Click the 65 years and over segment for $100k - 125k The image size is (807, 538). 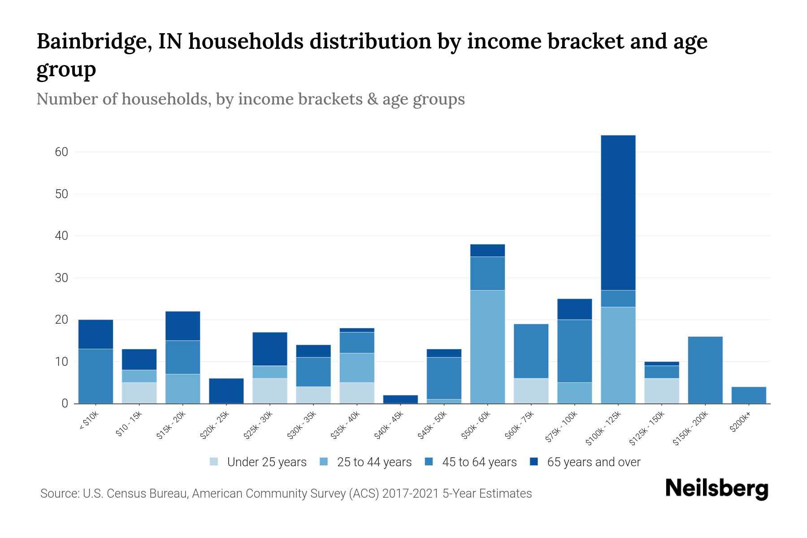pyautogui.click(x=618, y=213)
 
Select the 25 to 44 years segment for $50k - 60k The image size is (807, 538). pyautogui.click(x=487, y=347)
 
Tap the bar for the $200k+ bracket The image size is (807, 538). pyautogui.click(x=748, y=395)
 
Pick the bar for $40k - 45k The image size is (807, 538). pyautogui.click(x=400, y=399)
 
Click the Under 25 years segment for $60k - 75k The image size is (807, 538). pyautogui.click(x=531, y=390)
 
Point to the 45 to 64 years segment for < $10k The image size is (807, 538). pyautogui.click(x=95, y=376)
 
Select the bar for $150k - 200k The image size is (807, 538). pyautogui.click(x=705, y=370)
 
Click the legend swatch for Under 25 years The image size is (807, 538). pyautogui.click(x=214, y=462)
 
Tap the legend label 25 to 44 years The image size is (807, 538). pyautogui.click(x=374, y=462)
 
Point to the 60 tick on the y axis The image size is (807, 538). pyautogui.click(x=61, y=152)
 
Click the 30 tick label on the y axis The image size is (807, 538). pyautogui.click(x=61, y=278)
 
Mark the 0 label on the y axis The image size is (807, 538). pyautogui.click(x=65, y=403)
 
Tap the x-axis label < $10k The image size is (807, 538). pyautogui.click(x=89, y=421)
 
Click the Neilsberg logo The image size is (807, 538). pyautogui.click(x=716, y=489)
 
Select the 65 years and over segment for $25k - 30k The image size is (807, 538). pyautogui.click(x=270, y=349)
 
